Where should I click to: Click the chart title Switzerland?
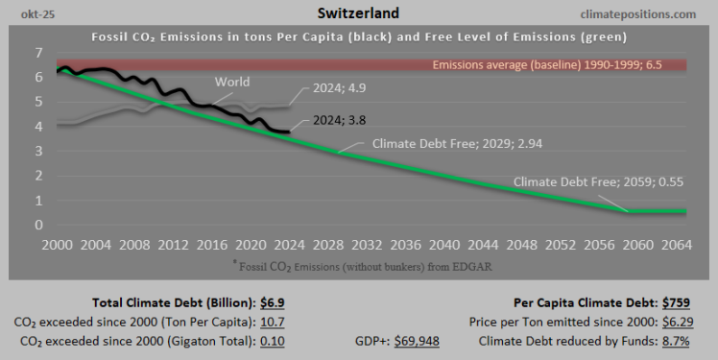[x=358, y=14]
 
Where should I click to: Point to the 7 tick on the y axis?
[x=38, y=52]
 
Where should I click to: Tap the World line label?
[x=234, y=82]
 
